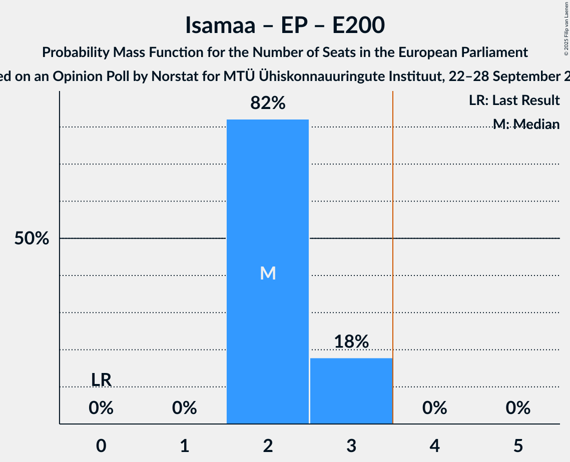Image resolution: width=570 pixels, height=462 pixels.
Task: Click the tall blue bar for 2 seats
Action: tap(268, 200)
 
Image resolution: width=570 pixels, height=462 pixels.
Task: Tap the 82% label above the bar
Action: tap(268, 103)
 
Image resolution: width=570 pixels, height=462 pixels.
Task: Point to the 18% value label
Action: tap(351, 341)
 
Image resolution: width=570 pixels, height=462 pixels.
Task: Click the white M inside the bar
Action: tap(268, 273)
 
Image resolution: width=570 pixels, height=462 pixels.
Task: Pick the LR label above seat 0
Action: tap(101, 380)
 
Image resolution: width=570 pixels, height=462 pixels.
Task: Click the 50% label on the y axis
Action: tap(32, 238)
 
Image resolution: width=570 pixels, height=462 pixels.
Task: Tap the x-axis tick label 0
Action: tap(101, 445)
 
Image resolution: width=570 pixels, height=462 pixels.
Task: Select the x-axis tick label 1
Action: tap(185, 445)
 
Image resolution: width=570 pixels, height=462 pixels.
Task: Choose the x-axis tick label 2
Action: tap(268, 445)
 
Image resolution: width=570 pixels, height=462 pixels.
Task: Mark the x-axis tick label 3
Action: tap(351, 445)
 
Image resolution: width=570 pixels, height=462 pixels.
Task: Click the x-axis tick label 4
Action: tap(434, 445)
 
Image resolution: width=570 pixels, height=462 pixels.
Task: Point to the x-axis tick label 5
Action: tap(517, 445)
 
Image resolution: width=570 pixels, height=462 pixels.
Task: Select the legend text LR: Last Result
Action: tap(514, 100)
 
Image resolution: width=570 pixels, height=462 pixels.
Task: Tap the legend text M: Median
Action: tap(526, 124)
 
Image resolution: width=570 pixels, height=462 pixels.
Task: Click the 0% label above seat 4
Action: tap(434, 408)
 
